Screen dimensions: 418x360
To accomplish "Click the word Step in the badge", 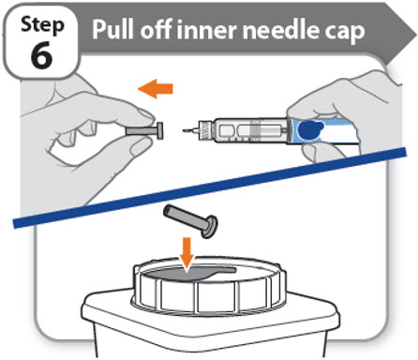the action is coord(42,25).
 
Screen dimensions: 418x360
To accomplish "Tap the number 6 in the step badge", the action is coord(41,55).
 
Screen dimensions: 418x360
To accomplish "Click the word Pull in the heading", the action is coord(113,29).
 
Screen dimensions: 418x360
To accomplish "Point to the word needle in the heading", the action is coord(281,29).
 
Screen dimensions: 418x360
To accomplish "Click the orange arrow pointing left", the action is coord(156,89).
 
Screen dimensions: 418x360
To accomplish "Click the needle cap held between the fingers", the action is coord(144,130).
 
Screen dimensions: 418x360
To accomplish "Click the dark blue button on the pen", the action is coord(310,130).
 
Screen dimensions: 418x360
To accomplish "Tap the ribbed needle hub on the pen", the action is coord(204,130).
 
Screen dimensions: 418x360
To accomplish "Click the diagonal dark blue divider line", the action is coord(209,187).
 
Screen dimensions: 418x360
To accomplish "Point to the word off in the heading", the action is coord(156,29).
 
